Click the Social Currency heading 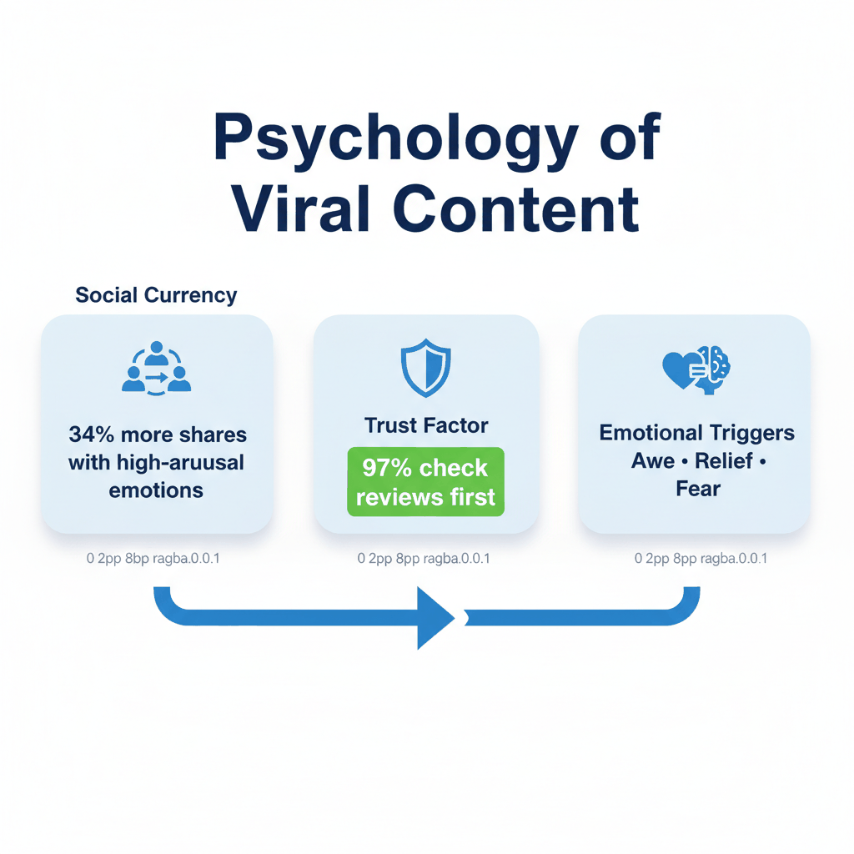click(156, 295)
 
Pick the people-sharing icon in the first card click(157, 368)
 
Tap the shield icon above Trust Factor click(425, 368)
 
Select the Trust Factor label click(426, 425)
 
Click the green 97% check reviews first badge click(425, 482)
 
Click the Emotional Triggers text click(696, 433)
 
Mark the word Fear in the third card click(697, 488)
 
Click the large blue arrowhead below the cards click(434, 618)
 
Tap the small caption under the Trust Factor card click(424, 558)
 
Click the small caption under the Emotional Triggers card click(701, 558)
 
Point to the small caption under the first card click(153, 558)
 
